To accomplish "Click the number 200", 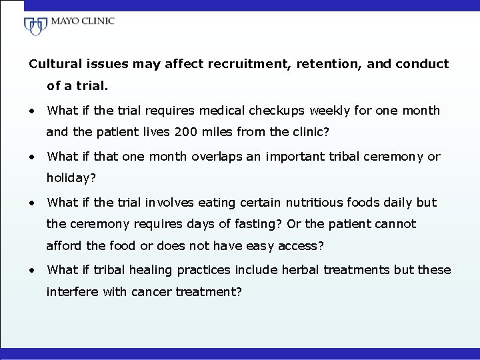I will [185, 132].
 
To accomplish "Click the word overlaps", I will [217, 157].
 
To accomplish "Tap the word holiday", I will [68, 178].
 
